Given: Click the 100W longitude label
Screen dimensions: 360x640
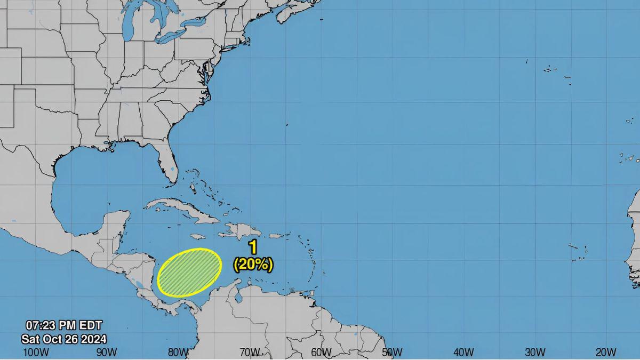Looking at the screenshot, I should pyautogui.click(x=36, y=352).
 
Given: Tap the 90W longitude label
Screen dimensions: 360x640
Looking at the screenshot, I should pyautogui.click(x=107, y=352).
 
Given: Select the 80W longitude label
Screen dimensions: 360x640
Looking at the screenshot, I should pyautogui.click(x=178, y=352).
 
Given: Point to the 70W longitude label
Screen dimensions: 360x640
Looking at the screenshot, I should pyautogui.click(x=250, y=352).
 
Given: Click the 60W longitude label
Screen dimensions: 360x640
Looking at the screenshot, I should pyautogui.click(x=321, y=352).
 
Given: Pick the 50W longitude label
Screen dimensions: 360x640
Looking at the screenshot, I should pyautogui.click(x=392, y=352).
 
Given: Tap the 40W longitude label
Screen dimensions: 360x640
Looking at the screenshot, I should pyautogui.click(x=463, y=352).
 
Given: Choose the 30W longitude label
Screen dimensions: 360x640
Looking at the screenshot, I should pyautogui.click(x=534, y=352).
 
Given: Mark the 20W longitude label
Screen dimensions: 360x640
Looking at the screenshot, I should pyautogui.click(x=606, y=352).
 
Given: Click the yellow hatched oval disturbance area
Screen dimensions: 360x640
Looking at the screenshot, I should pyautogui.click(x=190, y=273).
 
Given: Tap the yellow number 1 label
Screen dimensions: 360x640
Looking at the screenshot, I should pyautogui.click(x=253, y=247).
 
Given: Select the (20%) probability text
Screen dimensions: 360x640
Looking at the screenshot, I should pyautogui.click(x=253, y=264).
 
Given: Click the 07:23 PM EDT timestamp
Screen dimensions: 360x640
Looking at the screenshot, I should pyautogui.click(x=63, y=325).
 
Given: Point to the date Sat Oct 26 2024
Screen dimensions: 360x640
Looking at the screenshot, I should pyautogui.click(x=63, y=339).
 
